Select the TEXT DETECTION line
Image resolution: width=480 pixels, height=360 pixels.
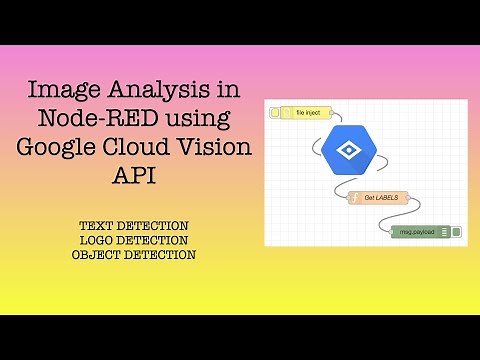tap(134, 227)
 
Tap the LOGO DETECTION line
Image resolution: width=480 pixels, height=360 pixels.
tap(134, 241)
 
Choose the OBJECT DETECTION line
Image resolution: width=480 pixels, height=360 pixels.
tap(134, 255)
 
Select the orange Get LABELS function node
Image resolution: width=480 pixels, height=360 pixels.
tap(378, 198)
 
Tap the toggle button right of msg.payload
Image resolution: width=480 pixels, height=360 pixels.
tap(456, 232)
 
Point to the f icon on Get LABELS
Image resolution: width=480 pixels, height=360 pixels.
tap(354, 198)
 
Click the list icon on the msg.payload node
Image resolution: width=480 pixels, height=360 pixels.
tap(443, 232)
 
